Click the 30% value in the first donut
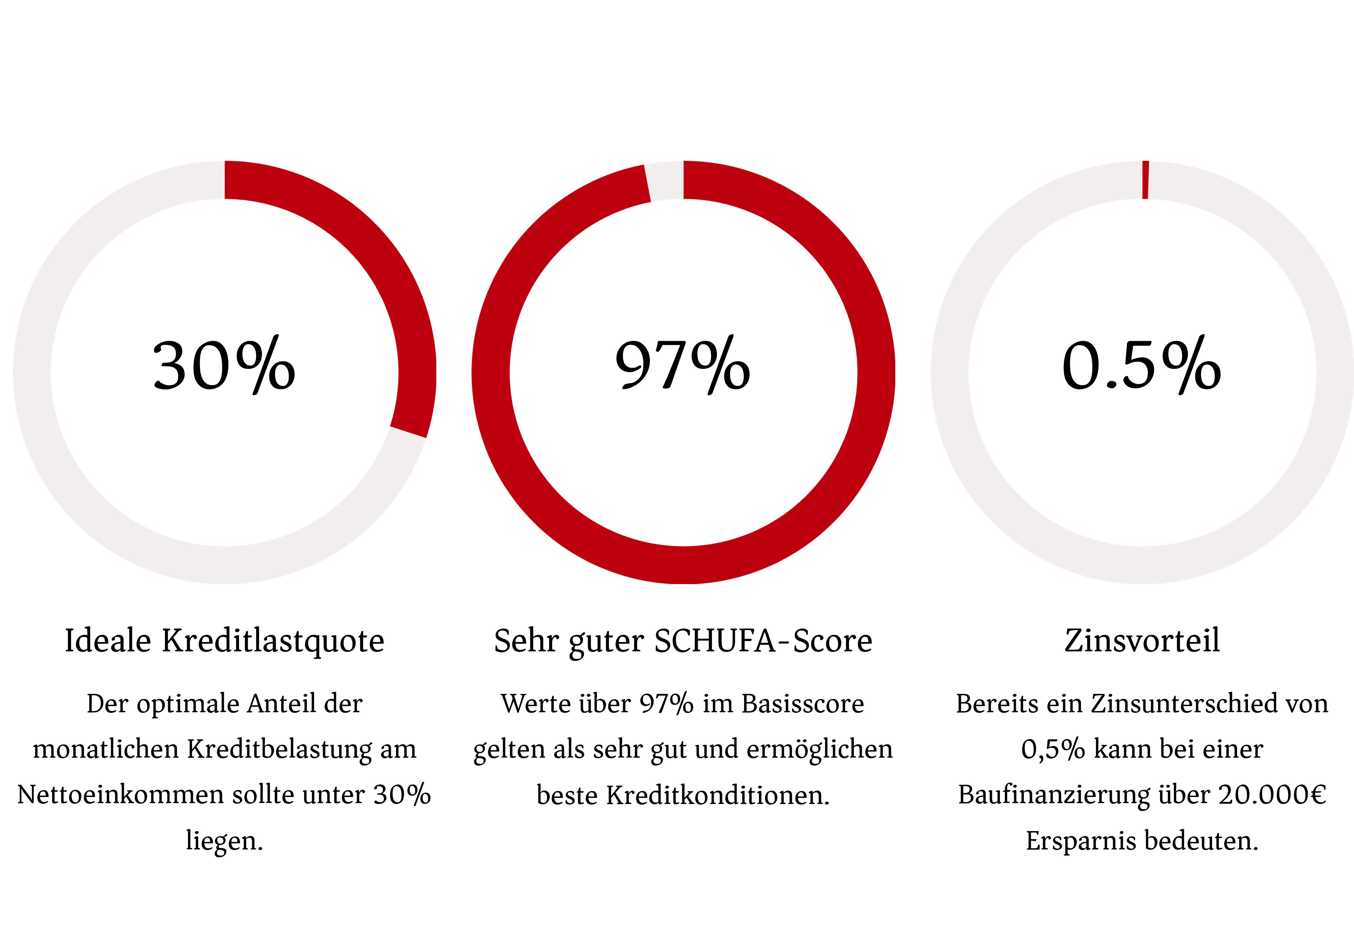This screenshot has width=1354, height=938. [x=224, y=366]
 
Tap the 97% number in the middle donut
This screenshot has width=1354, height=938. [x=683, y=366]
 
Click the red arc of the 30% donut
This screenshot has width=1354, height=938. [x=376, y=247]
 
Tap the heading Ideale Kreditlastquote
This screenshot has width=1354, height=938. [x=224, y=641]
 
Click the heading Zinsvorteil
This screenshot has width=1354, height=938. [x=1142, y=641]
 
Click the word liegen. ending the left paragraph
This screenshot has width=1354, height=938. [x=224, y=840]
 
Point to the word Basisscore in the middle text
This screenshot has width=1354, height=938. [x=803, y=703]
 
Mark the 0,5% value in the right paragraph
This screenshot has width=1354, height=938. [x=1052, y=749]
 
